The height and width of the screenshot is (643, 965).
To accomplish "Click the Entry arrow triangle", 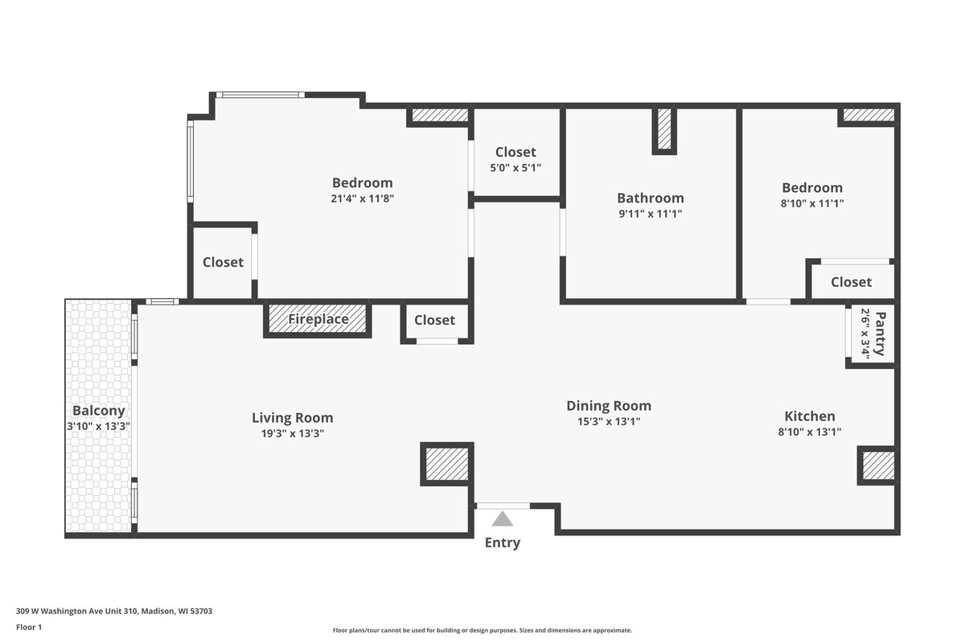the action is [503, 519].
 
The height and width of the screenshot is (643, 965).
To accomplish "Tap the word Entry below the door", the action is [503, 543].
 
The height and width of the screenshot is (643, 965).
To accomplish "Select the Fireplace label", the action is [318, 319].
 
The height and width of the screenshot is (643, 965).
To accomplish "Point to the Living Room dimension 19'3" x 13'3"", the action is [293, 433].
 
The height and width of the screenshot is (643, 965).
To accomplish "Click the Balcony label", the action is [99, 411].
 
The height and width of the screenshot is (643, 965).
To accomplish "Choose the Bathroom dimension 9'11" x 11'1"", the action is [651, 214].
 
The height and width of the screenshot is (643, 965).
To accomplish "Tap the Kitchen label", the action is [810, 416].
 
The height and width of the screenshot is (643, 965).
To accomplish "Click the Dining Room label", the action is [609, 406].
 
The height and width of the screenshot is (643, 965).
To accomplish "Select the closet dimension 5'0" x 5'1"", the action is [515, 168].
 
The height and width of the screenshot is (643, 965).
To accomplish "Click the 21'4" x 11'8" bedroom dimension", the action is [363, 199].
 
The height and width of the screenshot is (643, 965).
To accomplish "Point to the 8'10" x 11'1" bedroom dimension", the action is [812, 203].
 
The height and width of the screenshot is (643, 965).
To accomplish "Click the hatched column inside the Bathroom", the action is [664, 129].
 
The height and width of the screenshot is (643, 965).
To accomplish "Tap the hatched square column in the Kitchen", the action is [878, 465].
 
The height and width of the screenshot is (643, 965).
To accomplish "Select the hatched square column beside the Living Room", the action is [447, 464].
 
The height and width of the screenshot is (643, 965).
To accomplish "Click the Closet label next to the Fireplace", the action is [435, 320].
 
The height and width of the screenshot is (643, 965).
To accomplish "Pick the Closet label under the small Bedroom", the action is [852, 282].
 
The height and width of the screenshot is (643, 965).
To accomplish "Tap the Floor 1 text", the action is [29, 627].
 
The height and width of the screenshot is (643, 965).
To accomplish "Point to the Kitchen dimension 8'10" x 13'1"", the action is [810, 432].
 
